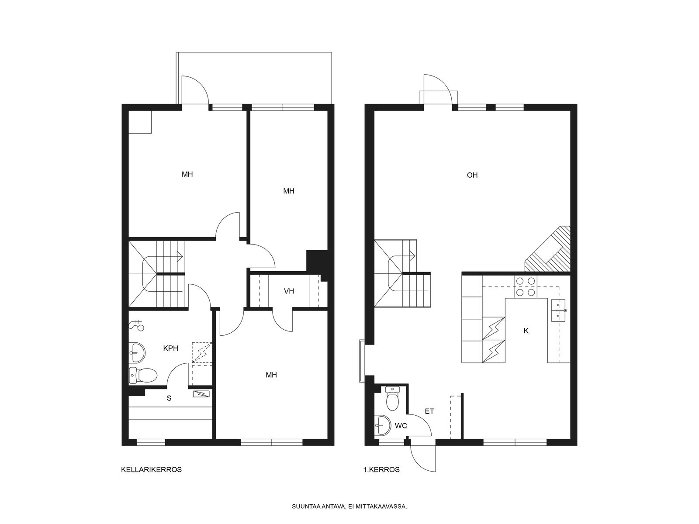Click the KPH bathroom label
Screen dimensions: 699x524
click(x=170, y=348)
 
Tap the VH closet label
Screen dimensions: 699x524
click(x=289, y=291)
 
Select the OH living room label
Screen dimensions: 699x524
click(x=472, y=175)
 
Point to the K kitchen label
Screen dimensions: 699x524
click(x=526, y=331)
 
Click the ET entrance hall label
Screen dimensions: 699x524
click(x=429, y=411)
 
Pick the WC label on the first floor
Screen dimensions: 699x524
click(x=401, y=426)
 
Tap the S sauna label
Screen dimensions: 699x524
click(x=169, y=398)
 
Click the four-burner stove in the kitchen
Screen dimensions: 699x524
click(x=526, y=286)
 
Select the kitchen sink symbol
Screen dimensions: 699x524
click(x=558, y=310)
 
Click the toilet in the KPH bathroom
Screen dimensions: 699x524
click(x=143, y=375)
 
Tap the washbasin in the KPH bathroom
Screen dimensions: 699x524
click(x=137, y=352)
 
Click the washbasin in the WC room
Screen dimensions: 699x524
click(x=382, y=425)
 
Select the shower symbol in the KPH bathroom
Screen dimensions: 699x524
click(x=137, y=325)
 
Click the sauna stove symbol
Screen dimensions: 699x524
click(x=201, y=394)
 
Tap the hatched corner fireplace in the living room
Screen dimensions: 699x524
click(x=548, y=249)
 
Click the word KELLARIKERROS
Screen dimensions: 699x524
click(x=151, y=469)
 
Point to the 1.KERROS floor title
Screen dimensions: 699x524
click(x=381, y=469)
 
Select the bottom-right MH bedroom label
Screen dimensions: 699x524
click(x=271, y=375)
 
